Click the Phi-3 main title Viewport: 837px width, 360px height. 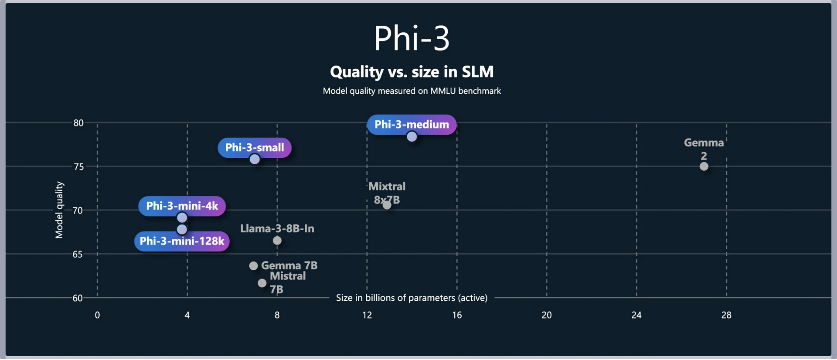click(412, 38)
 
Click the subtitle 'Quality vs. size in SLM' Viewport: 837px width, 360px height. click(412, 72)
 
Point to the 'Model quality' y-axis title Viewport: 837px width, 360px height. click(59, 210)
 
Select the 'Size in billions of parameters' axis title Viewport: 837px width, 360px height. click(412, 298)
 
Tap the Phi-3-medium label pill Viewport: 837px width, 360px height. click(412, 125)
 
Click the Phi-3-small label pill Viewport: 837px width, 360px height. click(255, 148)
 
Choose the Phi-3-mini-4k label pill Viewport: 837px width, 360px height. click(182, 206)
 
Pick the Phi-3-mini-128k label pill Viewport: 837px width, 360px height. click(182, 241)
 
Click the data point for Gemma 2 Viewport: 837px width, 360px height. click(704, 166)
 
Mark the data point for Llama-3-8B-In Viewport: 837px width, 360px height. click(277, 241)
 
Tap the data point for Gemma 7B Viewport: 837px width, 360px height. click(253, 266)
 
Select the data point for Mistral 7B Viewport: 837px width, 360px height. click(262, 283)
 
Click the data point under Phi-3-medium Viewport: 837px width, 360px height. click(412, 137)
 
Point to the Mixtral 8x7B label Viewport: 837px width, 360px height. click(387, 193)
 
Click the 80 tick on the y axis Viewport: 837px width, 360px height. click(78, 123)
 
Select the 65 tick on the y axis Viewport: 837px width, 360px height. click(78, 255)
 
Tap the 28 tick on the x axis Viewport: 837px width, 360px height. click(726, 315)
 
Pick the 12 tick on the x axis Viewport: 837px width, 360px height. click(367, 315)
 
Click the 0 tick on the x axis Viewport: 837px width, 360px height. click(97, 315)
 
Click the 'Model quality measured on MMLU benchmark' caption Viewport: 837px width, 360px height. click(412, 91)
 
